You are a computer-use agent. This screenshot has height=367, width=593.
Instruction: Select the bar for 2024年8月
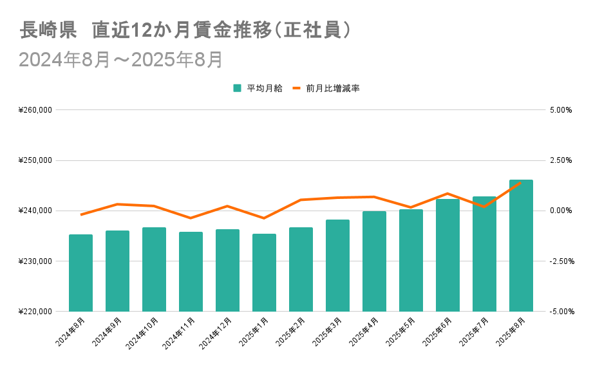[x=80, y=273]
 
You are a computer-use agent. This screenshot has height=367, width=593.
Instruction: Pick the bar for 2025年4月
[x=374, y=261]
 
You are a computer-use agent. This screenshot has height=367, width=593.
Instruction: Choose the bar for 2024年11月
[x=191, y=272]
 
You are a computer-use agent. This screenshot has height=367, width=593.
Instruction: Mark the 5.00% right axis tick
[x=560, y=110]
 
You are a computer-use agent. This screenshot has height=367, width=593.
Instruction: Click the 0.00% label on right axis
[x=560, y=211]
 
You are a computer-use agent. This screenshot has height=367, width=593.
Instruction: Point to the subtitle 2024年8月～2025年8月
[x=121, y=59]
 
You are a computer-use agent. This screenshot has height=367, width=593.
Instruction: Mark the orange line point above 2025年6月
[x=447, y=193]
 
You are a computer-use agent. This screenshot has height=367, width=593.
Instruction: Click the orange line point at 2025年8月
[x=521, y=182]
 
